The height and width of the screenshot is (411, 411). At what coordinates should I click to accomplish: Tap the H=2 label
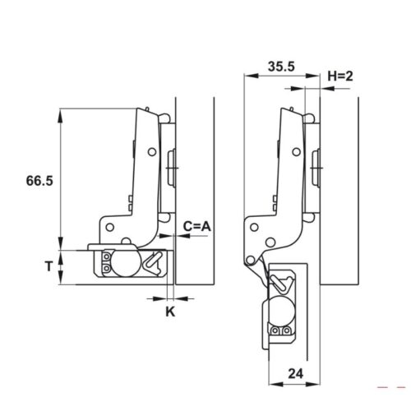coord(339,76)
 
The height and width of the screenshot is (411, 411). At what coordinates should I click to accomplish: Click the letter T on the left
coord(48,266)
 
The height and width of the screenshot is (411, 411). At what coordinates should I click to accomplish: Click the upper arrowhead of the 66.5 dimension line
coord(61,114)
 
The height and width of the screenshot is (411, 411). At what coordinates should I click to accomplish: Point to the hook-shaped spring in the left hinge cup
coord(154,262)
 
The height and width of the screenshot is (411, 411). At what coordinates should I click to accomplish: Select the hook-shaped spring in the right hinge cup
coord(284,283)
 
